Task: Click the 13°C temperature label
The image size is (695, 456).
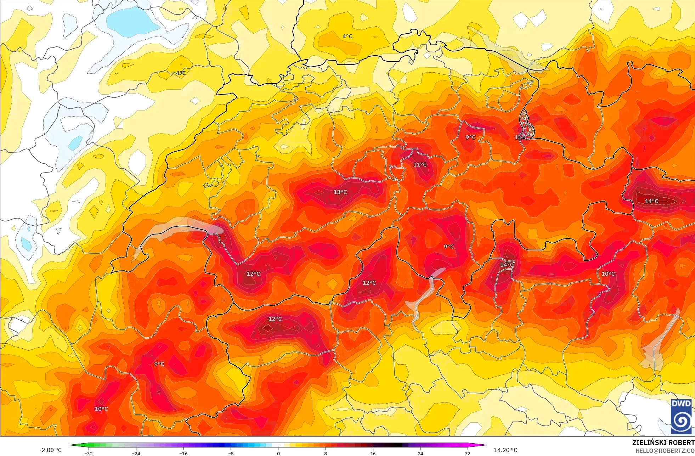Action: tap(340, 192)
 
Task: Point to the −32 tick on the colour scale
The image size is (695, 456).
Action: tap(89, 453)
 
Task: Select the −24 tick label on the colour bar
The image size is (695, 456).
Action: tap(136, 453)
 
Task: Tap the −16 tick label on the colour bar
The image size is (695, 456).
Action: tap(183, 453)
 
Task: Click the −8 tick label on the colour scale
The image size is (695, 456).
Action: tap(231, 453)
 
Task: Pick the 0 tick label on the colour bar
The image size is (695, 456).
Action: tap(278, 453)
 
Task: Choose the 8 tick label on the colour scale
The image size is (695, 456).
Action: tap(326, 453)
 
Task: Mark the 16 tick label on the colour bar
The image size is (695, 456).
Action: tap(373, 453)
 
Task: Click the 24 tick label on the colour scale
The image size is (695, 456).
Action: tap(420, 453)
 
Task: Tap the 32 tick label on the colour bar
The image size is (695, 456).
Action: tap(468, 453)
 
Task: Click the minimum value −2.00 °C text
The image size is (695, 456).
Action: tap(50, 450)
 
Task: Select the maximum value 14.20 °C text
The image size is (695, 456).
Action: tap(505, 450)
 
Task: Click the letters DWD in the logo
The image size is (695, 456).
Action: tap(681, 404)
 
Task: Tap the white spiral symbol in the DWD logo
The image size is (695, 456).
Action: tap(681, 421)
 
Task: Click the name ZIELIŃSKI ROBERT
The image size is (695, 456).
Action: tap(663, 443)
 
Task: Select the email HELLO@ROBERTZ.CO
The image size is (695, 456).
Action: tap(665, 451)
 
